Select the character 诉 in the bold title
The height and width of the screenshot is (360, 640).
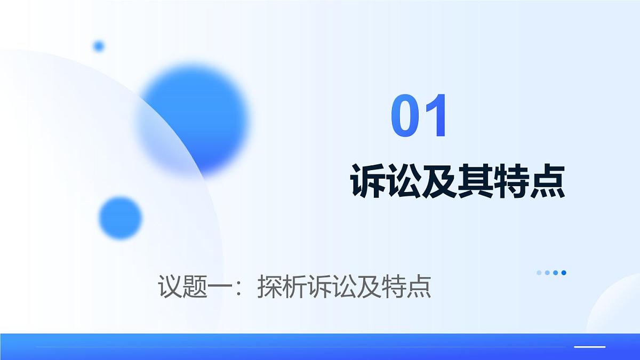coord(369,181)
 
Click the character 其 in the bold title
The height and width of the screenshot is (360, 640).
coord(476,181)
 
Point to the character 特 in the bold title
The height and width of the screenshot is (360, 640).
coord(512,181)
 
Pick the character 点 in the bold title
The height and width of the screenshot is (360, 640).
coord(548,181)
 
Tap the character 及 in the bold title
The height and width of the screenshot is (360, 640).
coord(441,181)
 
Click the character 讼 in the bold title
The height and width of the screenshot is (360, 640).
coord(404,181)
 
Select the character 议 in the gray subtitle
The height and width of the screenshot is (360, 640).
coord(170,286)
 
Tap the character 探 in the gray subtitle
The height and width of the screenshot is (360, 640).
coord(269,286)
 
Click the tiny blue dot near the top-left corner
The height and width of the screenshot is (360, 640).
coord(99,46)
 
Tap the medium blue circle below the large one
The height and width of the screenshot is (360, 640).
coord(121,218)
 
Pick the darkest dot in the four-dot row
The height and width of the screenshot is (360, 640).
coord(564,273)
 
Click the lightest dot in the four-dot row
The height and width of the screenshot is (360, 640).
coord(539,273)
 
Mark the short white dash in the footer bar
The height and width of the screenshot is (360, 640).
coord(589,347)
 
